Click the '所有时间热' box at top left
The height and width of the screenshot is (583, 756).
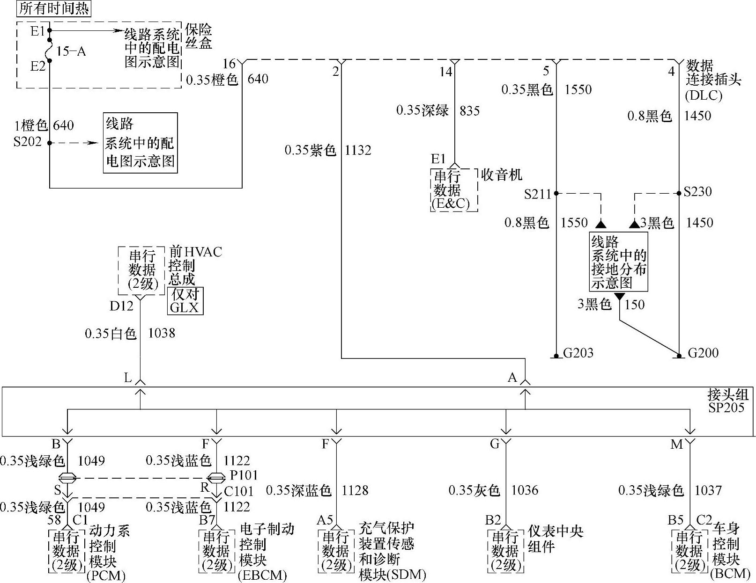(x=54, y=9)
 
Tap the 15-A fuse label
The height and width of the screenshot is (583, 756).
(x=71, y=51)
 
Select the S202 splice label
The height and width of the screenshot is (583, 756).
(x=28, y=142)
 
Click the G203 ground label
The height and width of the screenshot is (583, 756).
(x=578, y=353)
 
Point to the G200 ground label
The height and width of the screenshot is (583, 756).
(x=703, y=353)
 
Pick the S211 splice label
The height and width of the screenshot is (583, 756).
(x=538, y=194)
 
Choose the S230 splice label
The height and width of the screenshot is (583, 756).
(x=698, y=191)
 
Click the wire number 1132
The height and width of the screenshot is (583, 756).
(x=358, y=150)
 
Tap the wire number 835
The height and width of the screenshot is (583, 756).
(x=470, y=111)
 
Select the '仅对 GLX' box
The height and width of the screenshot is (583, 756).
(x=185, y=301)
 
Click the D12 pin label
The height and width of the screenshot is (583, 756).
(x=121, y=306)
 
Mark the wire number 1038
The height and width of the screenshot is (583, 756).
(x=161, y=333)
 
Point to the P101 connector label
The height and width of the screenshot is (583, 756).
(x=244, y=475)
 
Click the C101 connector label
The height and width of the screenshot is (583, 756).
(x=239, y=491)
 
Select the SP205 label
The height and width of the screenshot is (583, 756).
(x=726, y=408)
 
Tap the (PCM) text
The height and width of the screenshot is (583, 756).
(x=106, y=575)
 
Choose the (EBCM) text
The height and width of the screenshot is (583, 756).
(x=262, y=575)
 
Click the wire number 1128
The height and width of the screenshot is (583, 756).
(x=355, y=490)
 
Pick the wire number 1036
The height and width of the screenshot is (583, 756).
(x=525, y=490)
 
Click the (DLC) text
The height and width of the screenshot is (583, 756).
(x=704, y=95)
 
